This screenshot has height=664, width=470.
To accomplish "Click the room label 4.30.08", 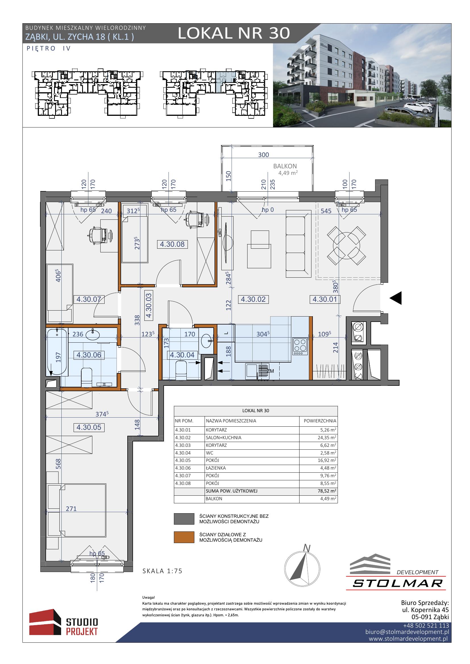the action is pyautogui.click(x=172, y=244).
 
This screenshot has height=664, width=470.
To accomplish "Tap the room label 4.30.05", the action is pyautogui.click(x=89, y=427).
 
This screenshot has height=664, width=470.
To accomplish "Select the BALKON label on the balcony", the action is pyautogui.click(x=285, y=166).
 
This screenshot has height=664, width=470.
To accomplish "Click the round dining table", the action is pyautogui.click(x=346, y=245).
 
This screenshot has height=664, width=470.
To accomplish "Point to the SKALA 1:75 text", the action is pyautogui.click(x=163, y=571).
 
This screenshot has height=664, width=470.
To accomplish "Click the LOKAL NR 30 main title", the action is pyautogui.click(x=234, y=33).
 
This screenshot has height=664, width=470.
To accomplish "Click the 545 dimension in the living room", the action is pyautogui.click(x=326, y=211).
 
